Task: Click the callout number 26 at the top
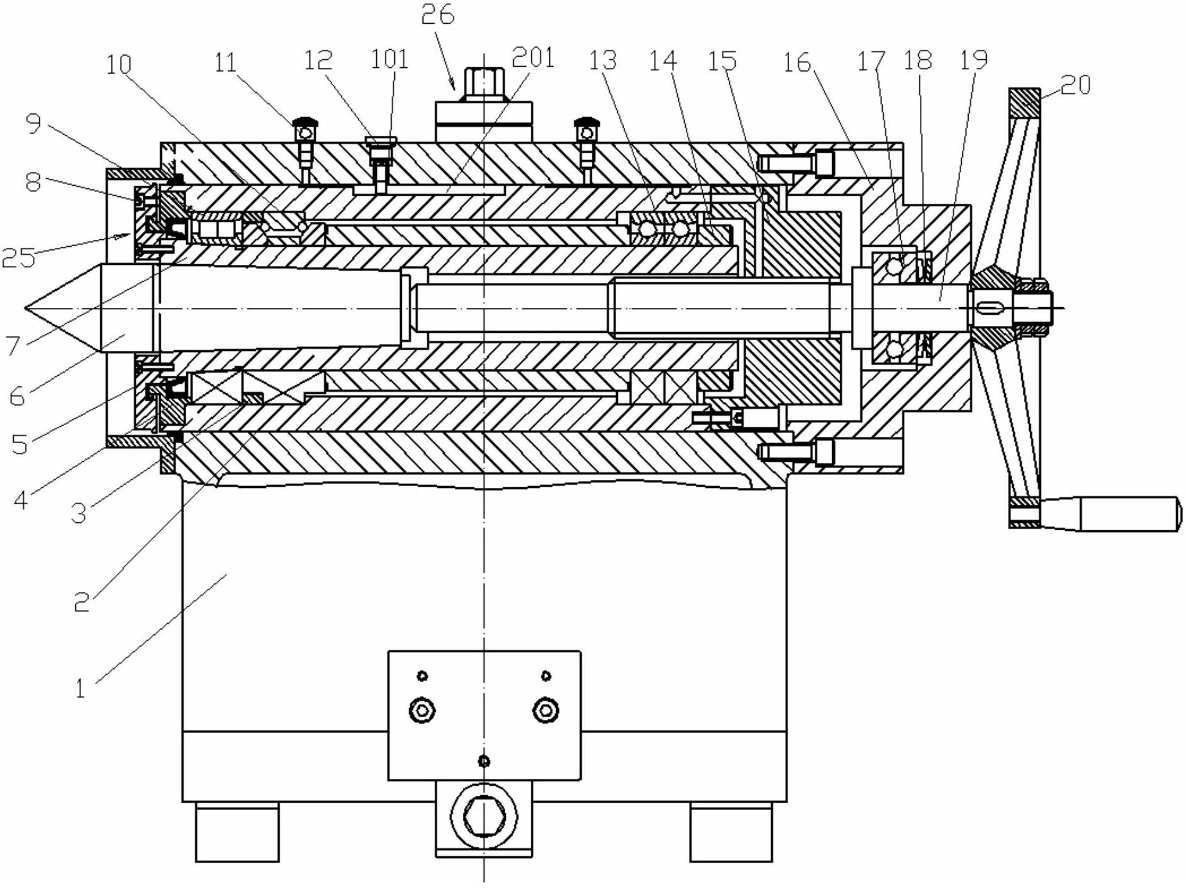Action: coord(437,14)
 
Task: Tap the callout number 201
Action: coord(533,57)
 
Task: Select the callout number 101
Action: coord(389,59)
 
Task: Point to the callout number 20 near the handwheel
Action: coord(1076,84)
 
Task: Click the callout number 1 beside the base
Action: coord(79,689)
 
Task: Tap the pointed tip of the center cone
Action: coord(25,308)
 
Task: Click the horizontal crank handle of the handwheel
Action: coord(1129,513)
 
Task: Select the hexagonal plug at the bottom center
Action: coord(485,823)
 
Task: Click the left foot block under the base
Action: coord(237,832)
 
